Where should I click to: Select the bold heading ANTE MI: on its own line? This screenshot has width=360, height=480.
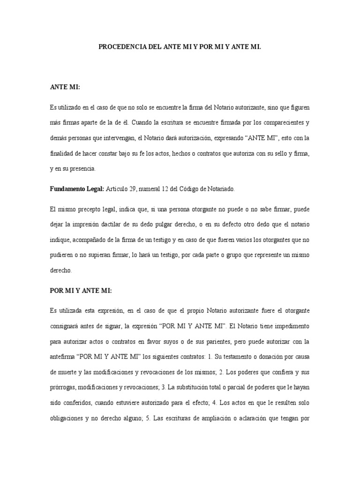coord(65,87)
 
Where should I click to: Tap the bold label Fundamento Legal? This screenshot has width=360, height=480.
coord(76,189)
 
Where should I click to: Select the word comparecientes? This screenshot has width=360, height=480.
coord(277,123)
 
